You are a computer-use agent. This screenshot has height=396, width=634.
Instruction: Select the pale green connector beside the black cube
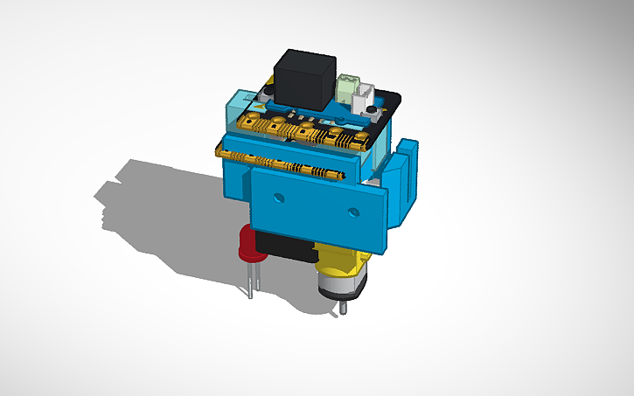click(349, 87)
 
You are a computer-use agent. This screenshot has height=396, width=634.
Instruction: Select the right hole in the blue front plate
click(354, 212)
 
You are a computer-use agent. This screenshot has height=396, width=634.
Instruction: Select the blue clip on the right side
click(405, 179)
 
